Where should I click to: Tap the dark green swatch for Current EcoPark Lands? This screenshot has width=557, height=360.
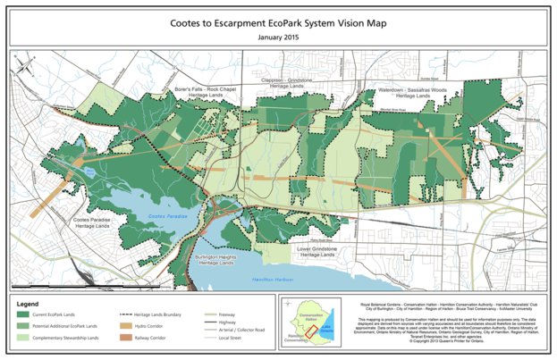pos(26,316)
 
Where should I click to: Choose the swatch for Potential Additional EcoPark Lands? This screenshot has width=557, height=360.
pos(26,328)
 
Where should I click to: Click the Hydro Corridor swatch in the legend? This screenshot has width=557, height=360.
pos(126,328)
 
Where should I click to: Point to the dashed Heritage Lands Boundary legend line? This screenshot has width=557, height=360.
pos(126,316)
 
